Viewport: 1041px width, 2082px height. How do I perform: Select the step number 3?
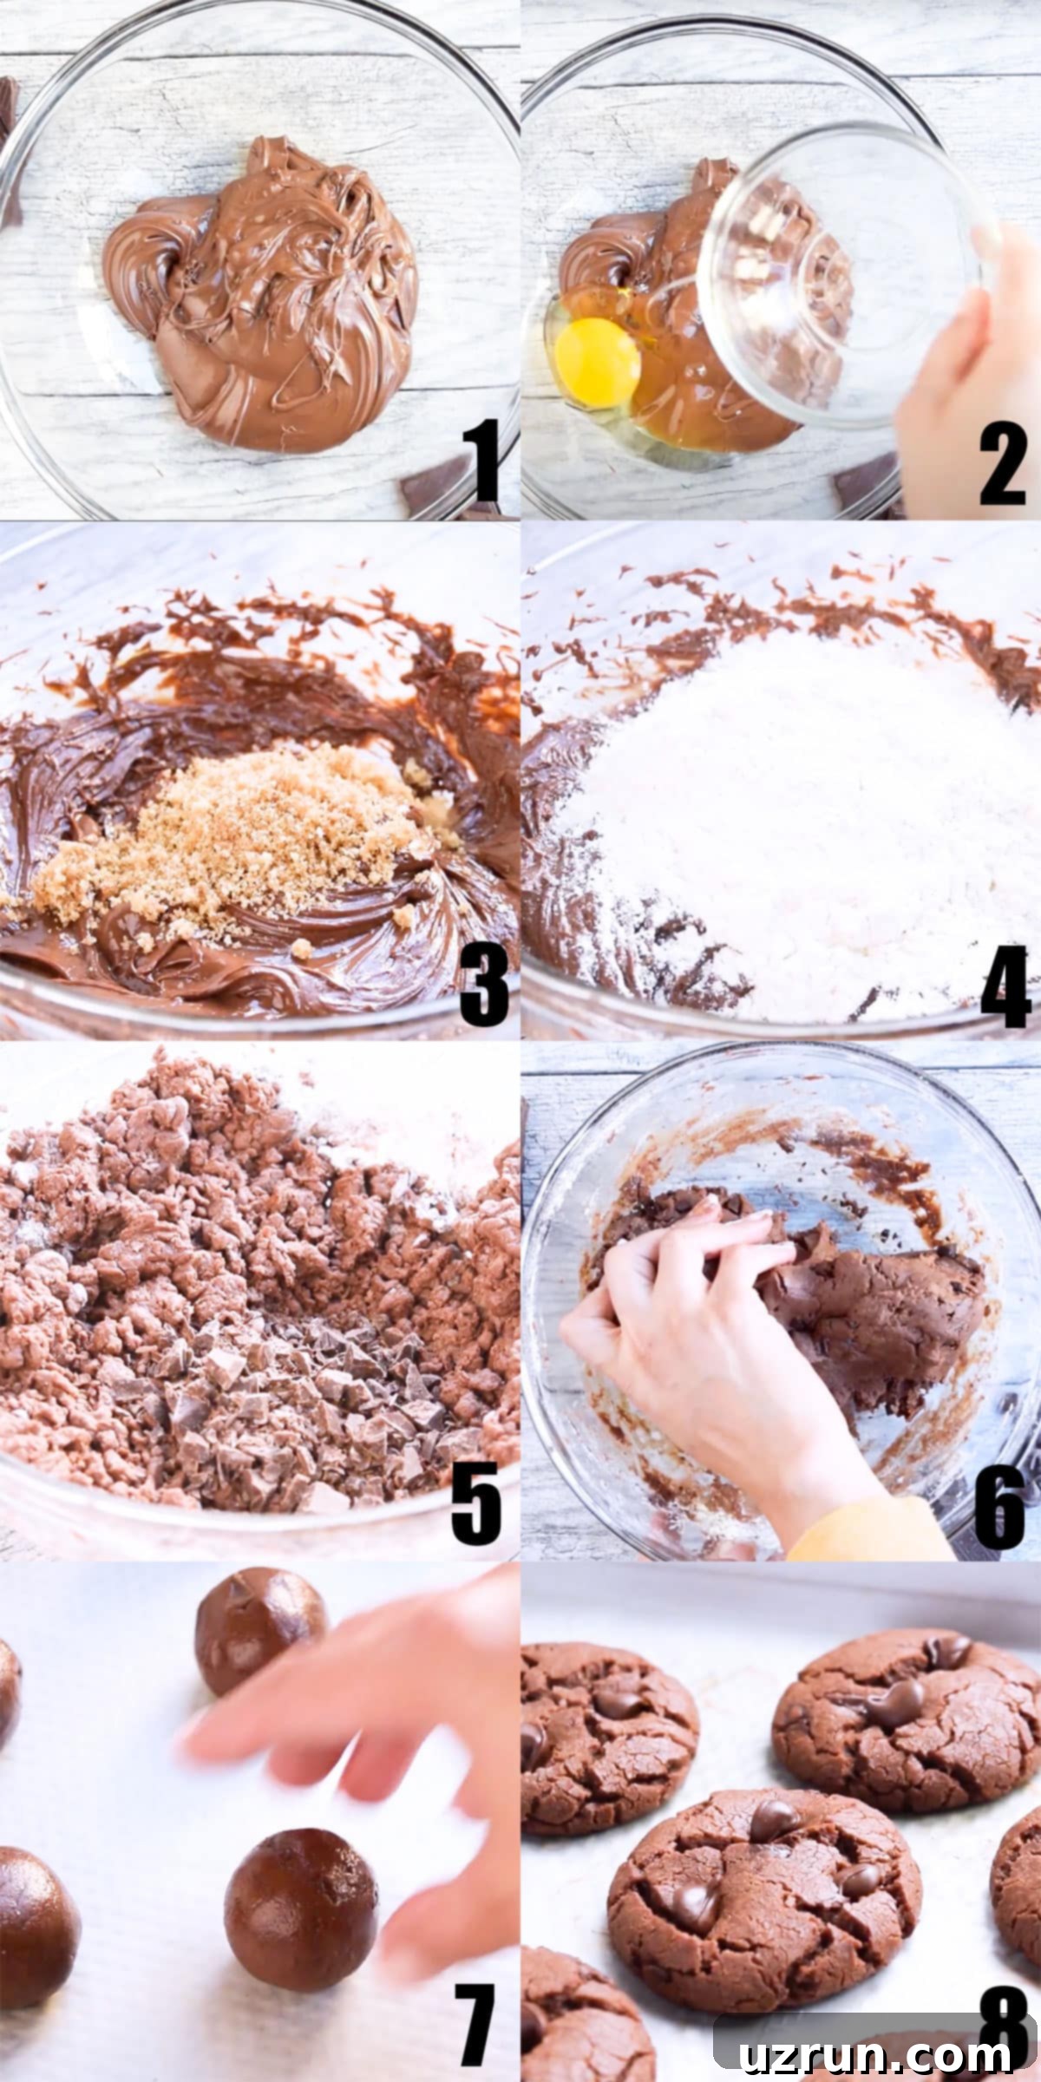484,984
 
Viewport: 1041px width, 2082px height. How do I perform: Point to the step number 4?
1006,985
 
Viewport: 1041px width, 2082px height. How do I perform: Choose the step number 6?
1000,1506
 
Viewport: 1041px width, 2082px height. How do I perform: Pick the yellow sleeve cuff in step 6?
867,1531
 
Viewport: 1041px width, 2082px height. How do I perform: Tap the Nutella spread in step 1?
260,295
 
